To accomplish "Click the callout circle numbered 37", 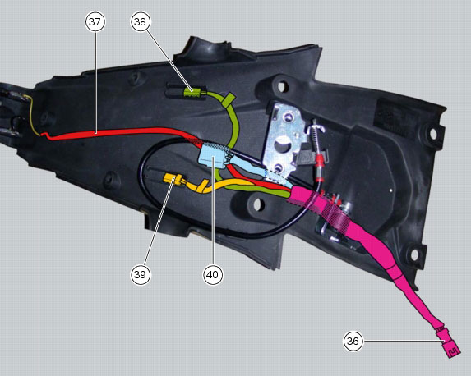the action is point(95,21).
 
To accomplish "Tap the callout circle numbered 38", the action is point(141,21).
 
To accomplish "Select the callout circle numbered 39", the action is point(141,274).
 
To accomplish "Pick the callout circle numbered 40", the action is point(213,274).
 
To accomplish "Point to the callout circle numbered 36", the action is point(353,342).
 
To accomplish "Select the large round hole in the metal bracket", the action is point(284,144).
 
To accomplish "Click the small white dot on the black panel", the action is point(390,190).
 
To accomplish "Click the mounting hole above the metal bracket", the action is point(281,87).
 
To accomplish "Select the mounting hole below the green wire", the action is point(257,204).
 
